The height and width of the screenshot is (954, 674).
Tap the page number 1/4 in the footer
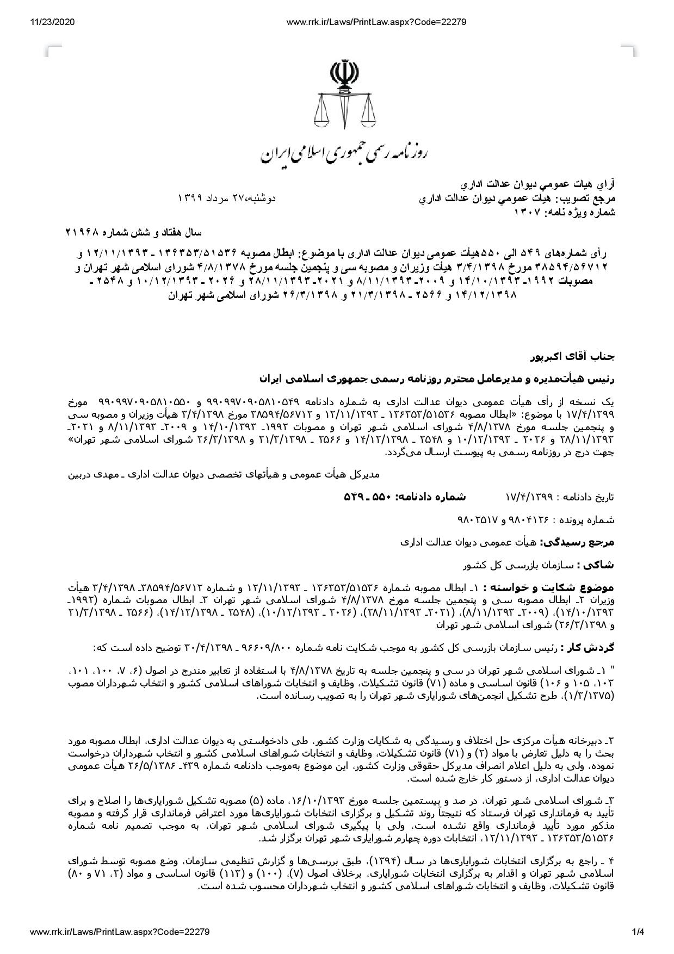click(638, 932)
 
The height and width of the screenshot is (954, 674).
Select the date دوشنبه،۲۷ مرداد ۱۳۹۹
click(227, 198)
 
